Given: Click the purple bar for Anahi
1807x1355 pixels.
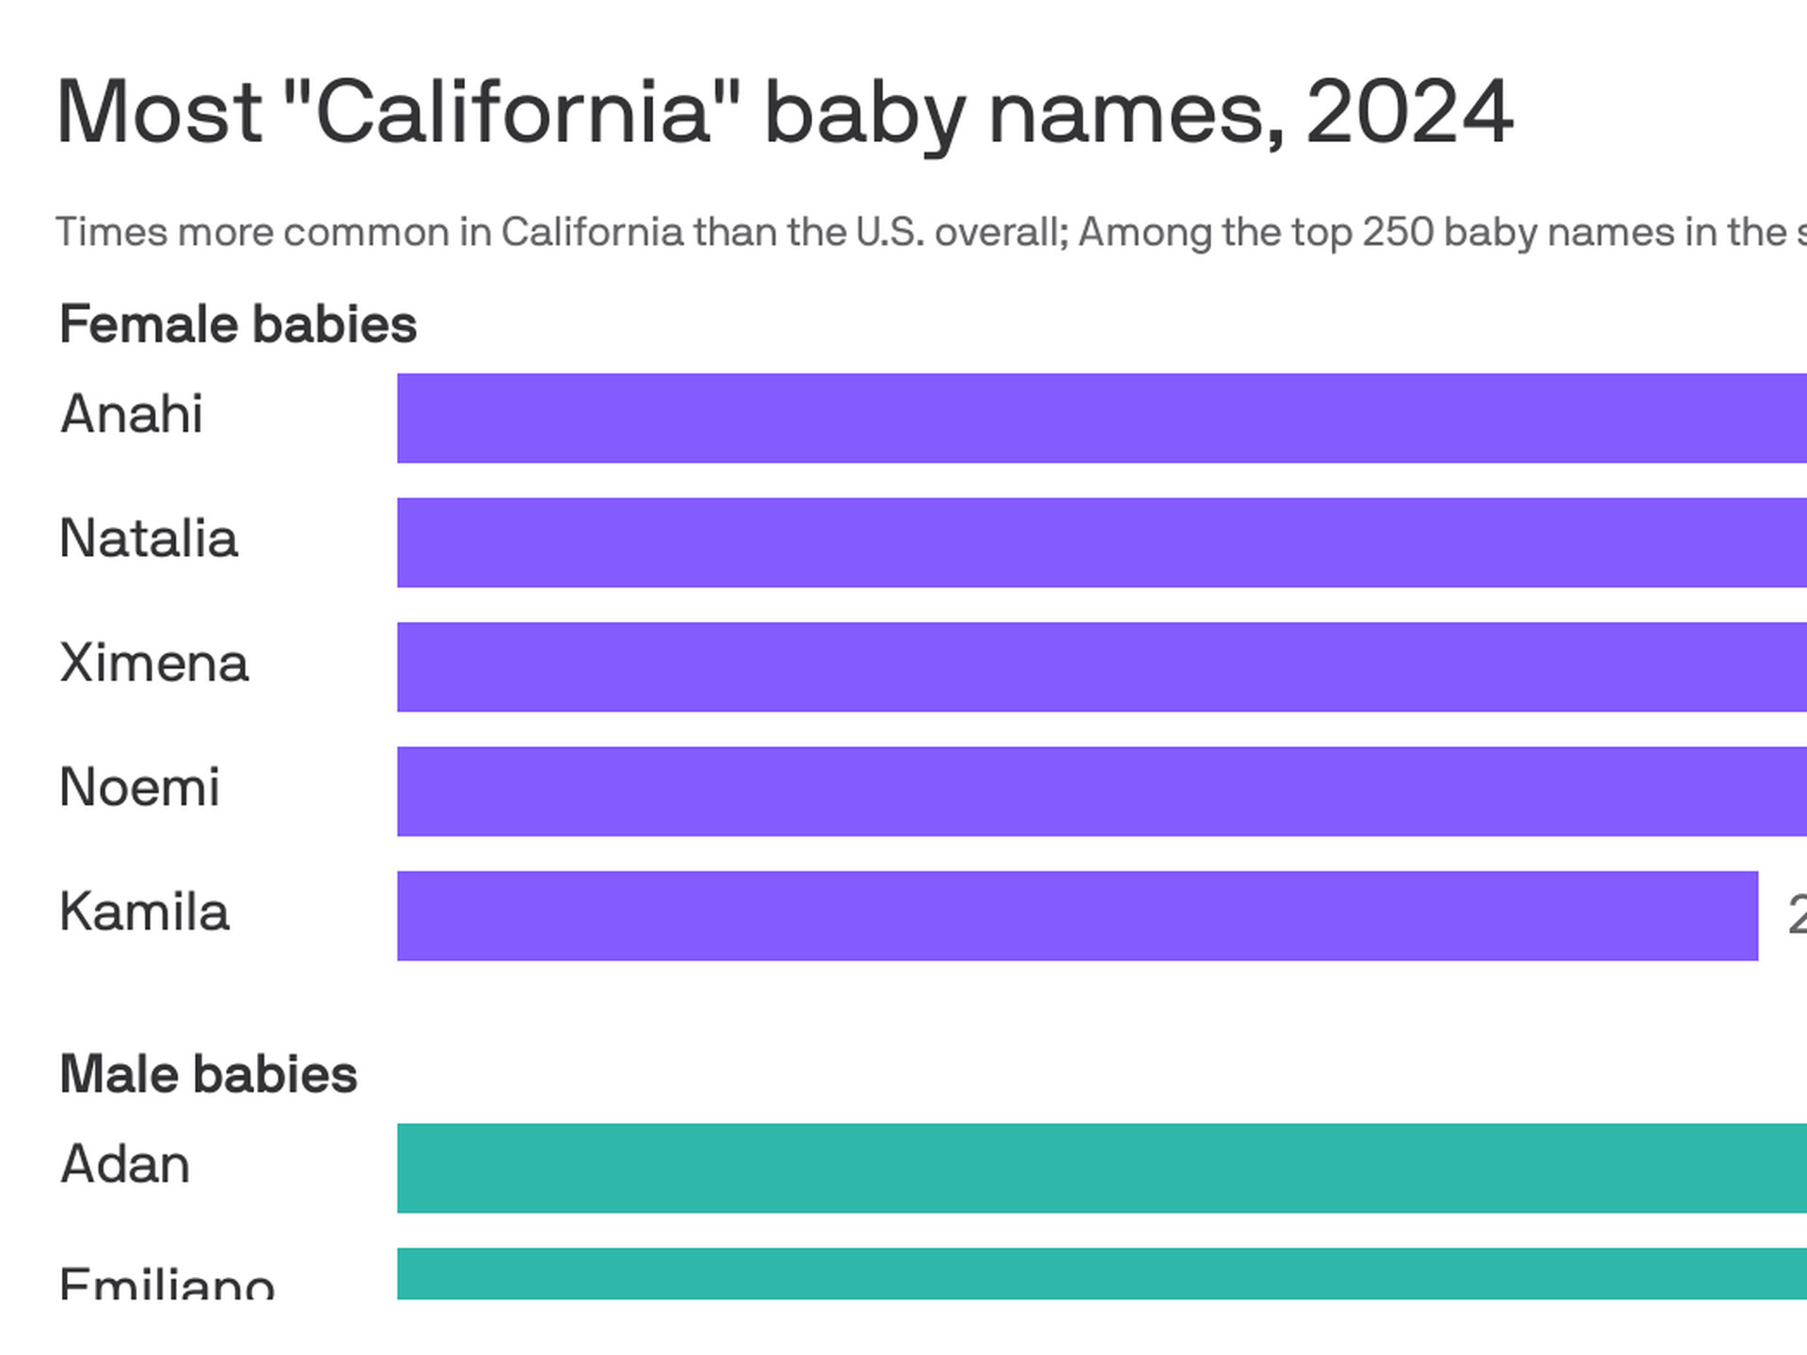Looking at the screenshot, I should coord(1101,418).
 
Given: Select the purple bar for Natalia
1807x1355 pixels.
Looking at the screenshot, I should coord(1101,542).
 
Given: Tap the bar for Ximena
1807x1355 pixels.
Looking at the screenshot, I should coord(1101,666).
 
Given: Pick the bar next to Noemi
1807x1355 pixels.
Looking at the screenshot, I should coord(1101,791).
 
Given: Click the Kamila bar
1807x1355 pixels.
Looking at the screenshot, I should coord(1077,916).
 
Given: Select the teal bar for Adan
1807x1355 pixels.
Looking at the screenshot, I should coord(1101,1168).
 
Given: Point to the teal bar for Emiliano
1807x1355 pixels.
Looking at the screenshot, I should coord(1101,1273).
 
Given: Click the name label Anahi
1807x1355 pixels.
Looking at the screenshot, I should coord(132,414).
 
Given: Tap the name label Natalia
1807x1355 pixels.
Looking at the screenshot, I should coord(149,538).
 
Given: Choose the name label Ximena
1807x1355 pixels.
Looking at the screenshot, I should coord(154,662).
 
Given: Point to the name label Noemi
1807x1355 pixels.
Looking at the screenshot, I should coord(139,787).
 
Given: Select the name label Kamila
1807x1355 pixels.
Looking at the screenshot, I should coord(144,912).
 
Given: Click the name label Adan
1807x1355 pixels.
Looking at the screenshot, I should coord(125,1164).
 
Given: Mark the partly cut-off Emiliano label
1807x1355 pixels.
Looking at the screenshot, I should coord(167,1283).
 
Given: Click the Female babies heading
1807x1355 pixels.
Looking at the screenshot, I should coord(238,325).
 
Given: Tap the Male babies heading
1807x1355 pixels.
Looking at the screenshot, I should coord(208,1075).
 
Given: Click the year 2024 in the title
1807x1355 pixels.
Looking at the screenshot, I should coord(1409,112).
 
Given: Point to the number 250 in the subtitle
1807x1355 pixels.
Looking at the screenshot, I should coord(1398,231).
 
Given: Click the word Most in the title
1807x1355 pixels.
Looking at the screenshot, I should coord(159,112).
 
